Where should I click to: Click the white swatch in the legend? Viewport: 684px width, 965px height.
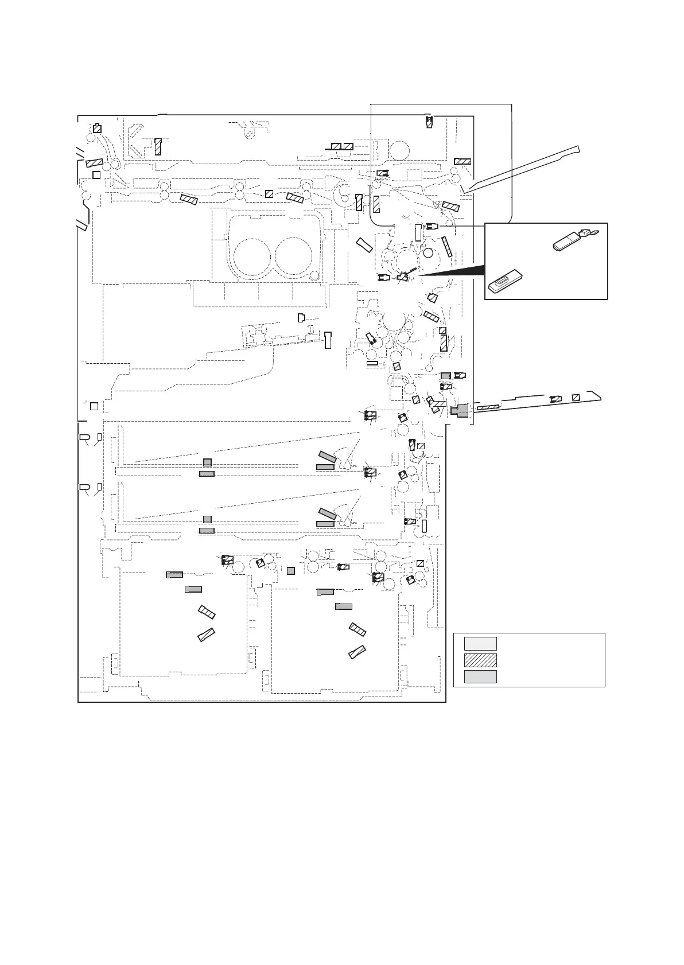pos(480,643)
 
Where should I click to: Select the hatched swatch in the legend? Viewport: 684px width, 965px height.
pos(480,660)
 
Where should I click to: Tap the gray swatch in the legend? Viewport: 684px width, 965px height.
pos(480,676)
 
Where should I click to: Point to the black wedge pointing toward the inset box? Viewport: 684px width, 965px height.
pos(453,270)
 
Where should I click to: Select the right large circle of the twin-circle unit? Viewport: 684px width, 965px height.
pos(294,255)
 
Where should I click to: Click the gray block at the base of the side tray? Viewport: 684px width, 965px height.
pos(460,410)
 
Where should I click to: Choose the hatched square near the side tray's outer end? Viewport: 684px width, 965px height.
pos(576,398)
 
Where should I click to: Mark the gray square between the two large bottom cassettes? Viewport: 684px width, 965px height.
pos(290,570)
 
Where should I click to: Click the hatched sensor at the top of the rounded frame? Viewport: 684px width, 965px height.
pos(429,121)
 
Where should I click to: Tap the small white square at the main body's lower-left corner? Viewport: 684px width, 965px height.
pos(94,406)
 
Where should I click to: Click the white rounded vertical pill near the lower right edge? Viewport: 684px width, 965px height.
pos(425,525)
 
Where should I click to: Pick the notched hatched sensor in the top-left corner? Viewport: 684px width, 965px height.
pos(98,129)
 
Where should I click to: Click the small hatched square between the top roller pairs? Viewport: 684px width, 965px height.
pos(269,194)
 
